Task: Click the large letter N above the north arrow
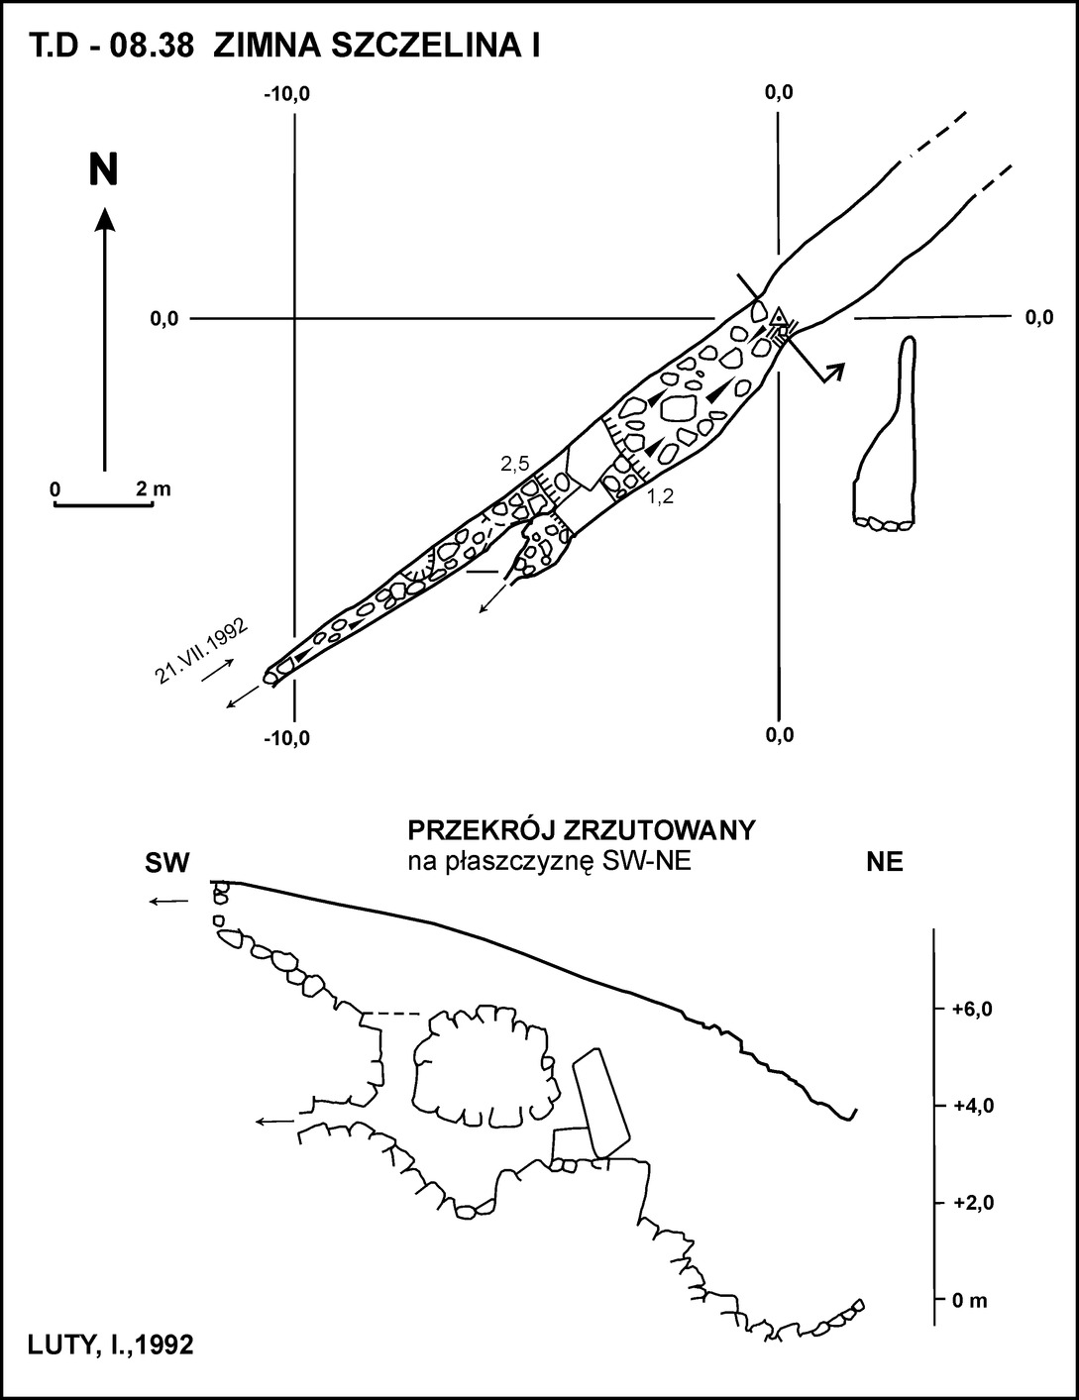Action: pos(104,169)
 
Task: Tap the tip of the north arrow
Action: pos(104,206)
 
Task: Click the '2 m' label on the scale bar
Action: pos(154,489)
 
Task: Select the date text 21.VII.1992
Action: pos(201,652)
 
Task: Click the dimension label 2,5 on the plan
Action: pos(515,464)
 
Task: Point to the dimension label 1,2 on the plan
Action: pos(660,496)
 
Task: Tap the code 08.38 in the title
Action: pos(152,48)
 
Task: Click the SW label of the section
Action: pos(167,863)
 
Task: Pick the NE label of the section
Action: pos(885,862)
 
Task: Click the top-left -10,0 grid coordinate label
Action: pos(286,95)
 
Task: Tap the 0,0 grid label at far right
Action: pos(1039,318)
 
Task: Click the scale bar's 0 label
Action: pos(55,489)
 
